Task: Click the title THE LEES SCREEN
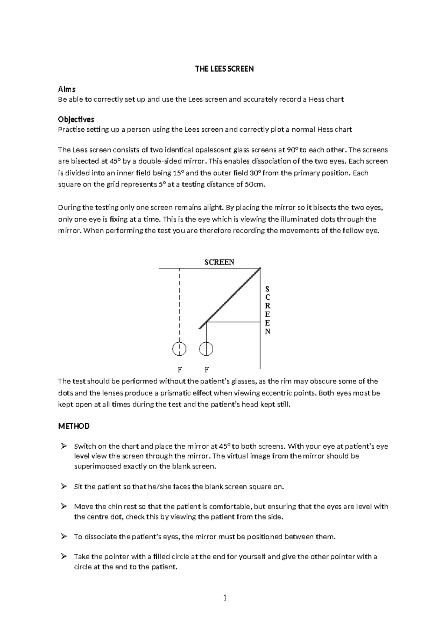(x=224, y=69)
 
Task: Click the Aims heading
(x=67, y=89)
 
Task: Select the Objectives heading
(x=76, y=119)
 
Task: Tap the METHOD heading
(x=74, y=426)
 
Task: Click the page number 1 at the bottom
(x=224, y=597)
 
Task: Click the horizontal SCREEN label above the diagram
(x=219, y=262)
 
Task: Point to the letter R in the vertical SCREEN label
(x=268, y=306)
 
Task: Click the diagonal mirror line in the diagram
(x=230, y=298)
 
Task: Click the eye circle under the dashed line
(x=179, y=349)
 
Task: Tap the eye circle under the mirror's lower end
(x=206, y=349)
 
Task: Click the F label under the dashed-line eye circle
(x=179, y=370)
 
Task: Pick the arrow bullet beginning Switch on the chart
(x=64, y=446)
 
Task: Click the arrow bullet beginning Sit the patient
(x=64, y=487)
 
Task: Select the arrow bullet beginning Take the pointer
(x=64, y=557)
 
